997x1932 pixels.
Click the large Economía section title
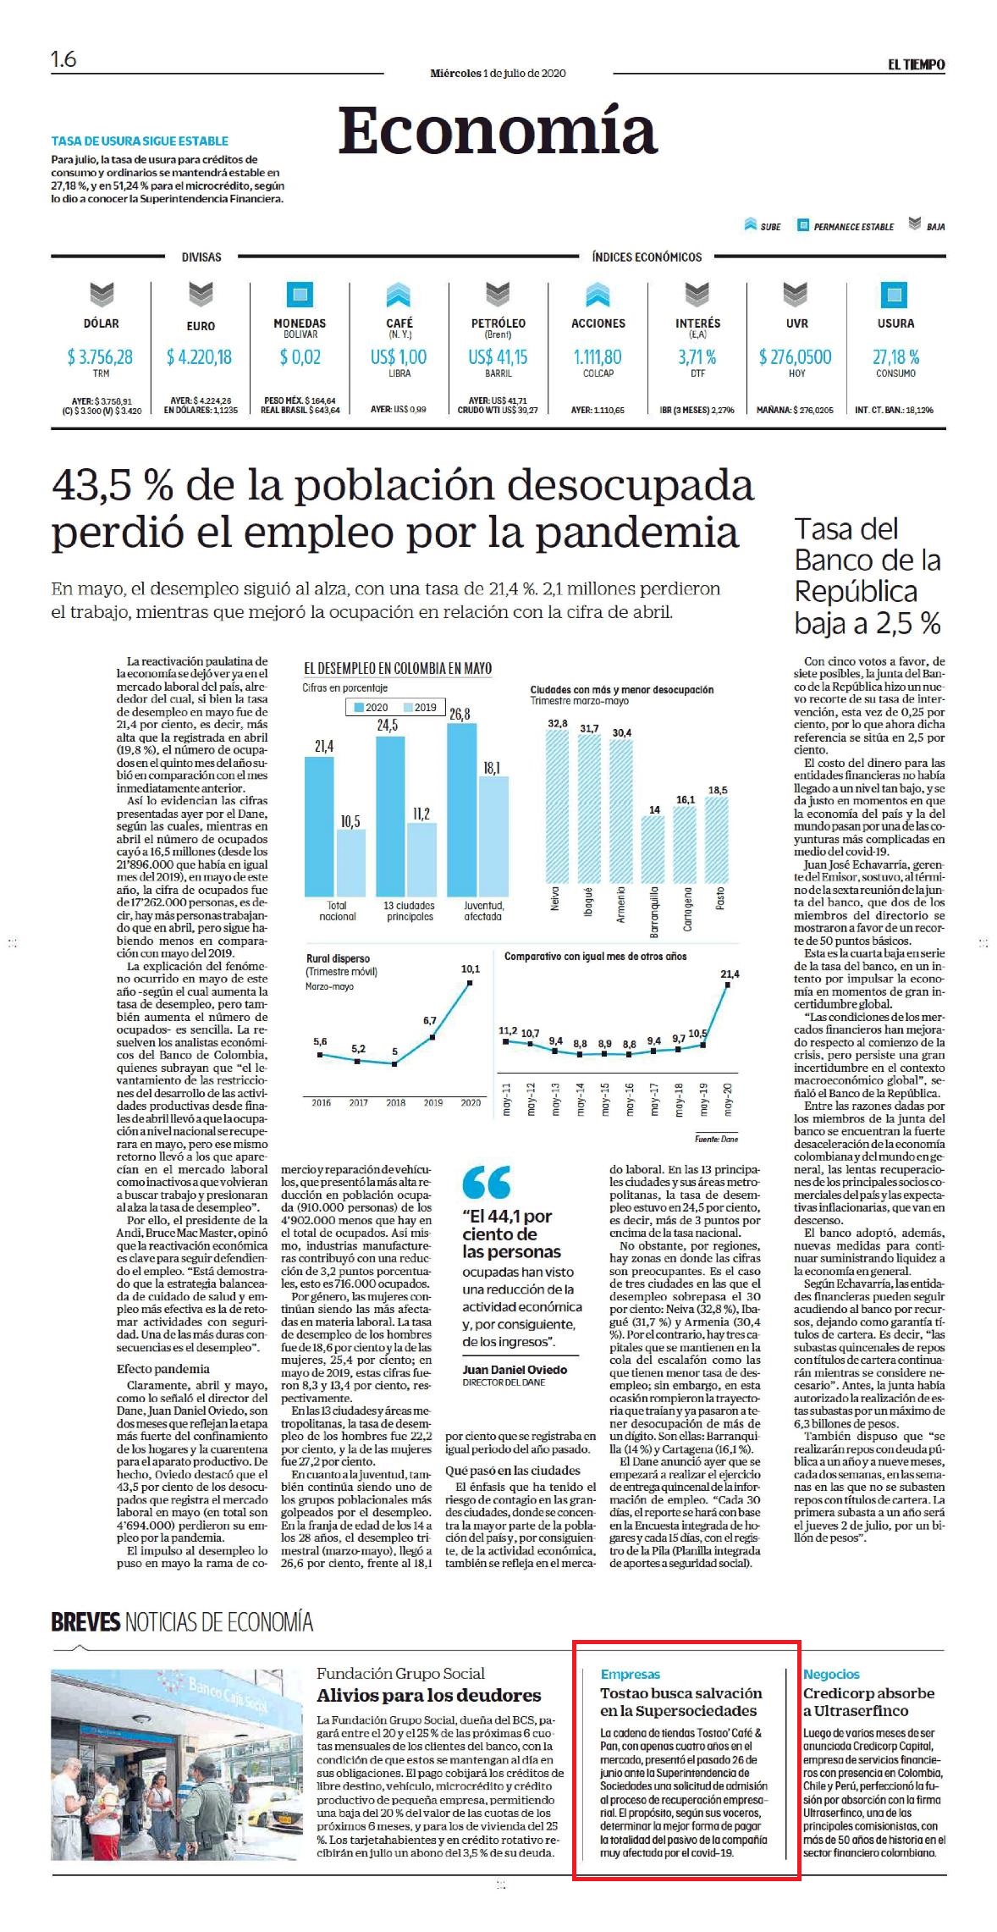point(498,131)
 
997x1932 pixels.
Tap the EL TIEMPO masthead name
point(916,64)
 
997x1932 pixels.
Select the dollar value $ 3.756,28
point(100,357)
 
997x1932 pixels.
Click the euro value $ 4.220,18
point(199,357)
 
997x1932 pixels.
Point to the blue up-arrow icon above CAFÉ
point(399,295)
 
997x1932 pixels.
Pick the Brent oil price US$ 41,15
point(498,357)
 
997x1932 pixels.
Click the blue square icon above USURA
point(894,295)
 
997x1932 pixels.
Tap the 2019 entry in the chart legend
point(420,707)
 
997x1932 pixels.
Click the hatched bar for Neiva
point(558,814)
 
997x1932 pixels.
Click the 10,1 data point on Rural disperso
point(470,983)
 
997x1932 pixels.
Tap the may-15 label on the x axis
point(605,1099)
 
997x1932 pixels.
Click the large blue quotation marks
point(487,1182)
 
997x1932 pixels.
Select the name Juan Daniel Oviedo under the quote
point(515,1369)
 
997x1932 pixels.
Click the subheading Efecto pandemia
point(163,1368)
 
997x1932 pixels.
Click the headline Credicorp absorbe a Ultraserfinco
point(870,1702)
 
